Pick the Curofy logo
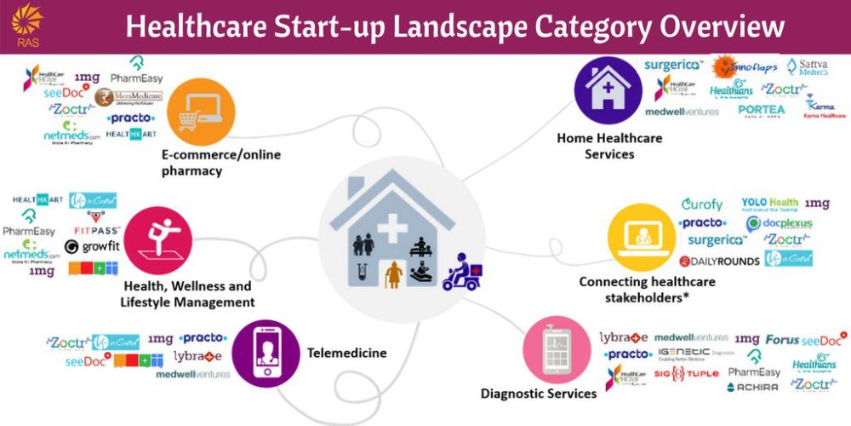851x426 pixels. point(703,204)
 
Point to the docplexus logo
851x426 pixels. point(779,223)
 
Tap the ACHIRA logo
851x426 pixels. point(752,388)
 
